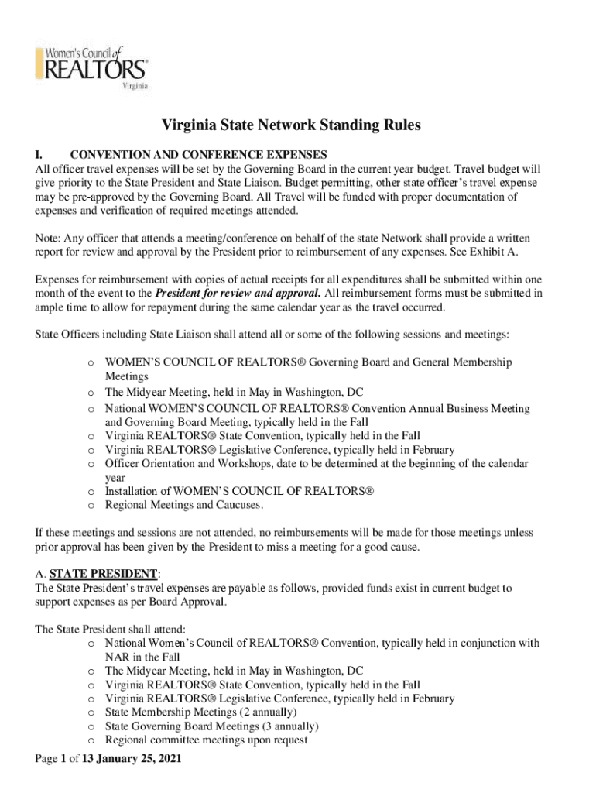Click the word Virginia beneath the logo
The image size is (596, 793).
click(135, 87)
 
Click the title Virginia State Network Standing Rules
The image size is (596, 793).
click(291, 125)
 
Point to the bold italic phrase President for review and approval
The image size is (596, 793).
click(238, 294)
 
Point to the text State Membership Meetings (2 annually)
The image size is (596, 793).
click(200, 712)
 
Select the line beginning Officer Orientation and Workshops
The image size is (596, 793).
click(317, 464)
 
